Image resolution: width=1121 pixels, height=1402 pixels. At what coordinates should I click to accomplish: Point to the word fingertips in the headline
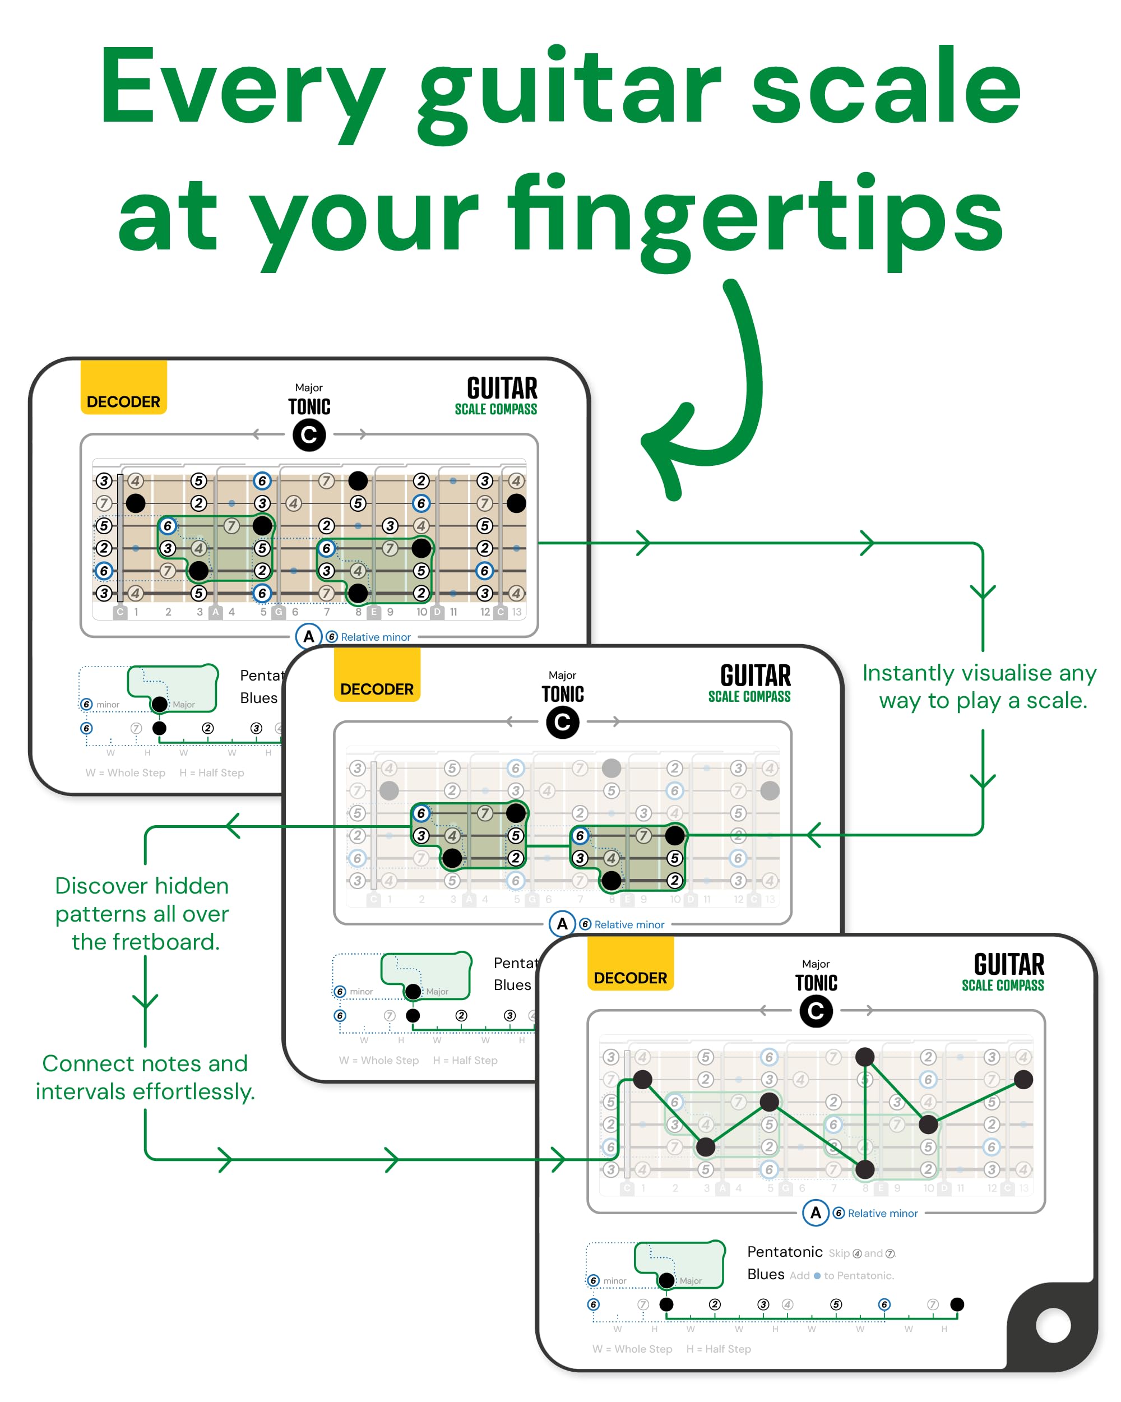[x=754, y=218]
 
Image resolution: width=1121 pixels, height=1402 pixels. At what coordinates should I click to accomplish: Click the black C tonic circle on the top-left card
[x=309, y=435]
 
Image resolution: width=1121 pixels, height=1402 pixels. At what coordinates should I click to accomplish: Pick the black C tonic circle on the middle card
[x=562, y=723]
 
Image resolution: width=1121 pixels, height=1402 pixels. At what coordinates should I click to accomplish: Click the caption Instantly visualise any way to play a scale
[x=979, y=687]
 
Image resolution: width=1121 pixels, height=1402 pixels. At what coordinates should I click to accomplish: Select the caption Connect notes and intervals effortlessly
[x=145, y=1077]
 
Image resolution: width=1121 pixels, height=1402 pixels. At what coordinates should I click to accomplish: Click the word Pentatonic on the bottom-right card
[x=784, y=1252]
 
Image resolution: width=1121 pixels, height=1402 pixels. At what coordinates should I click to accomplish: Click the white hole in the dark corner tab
[x=1053, y=1325]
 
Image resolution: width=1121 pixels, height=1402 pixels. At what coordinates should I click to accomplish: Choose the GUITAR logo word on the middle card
[x=756, y=675]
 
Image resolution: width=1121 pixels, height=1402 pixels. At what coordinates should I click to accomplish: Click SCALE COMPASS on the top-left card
[x=495, y=409]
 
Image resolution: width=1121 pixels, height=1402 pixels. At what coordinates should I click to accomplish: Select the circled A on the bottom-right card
[x=816, y=1213]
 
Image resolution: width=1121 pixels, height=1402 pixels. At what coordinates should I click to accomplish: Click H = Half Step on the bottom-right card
[x=719, y=1349]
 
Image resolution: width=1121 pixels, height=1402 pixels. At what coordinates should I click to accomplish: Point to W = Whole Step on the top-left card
[x=126, y=772]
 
